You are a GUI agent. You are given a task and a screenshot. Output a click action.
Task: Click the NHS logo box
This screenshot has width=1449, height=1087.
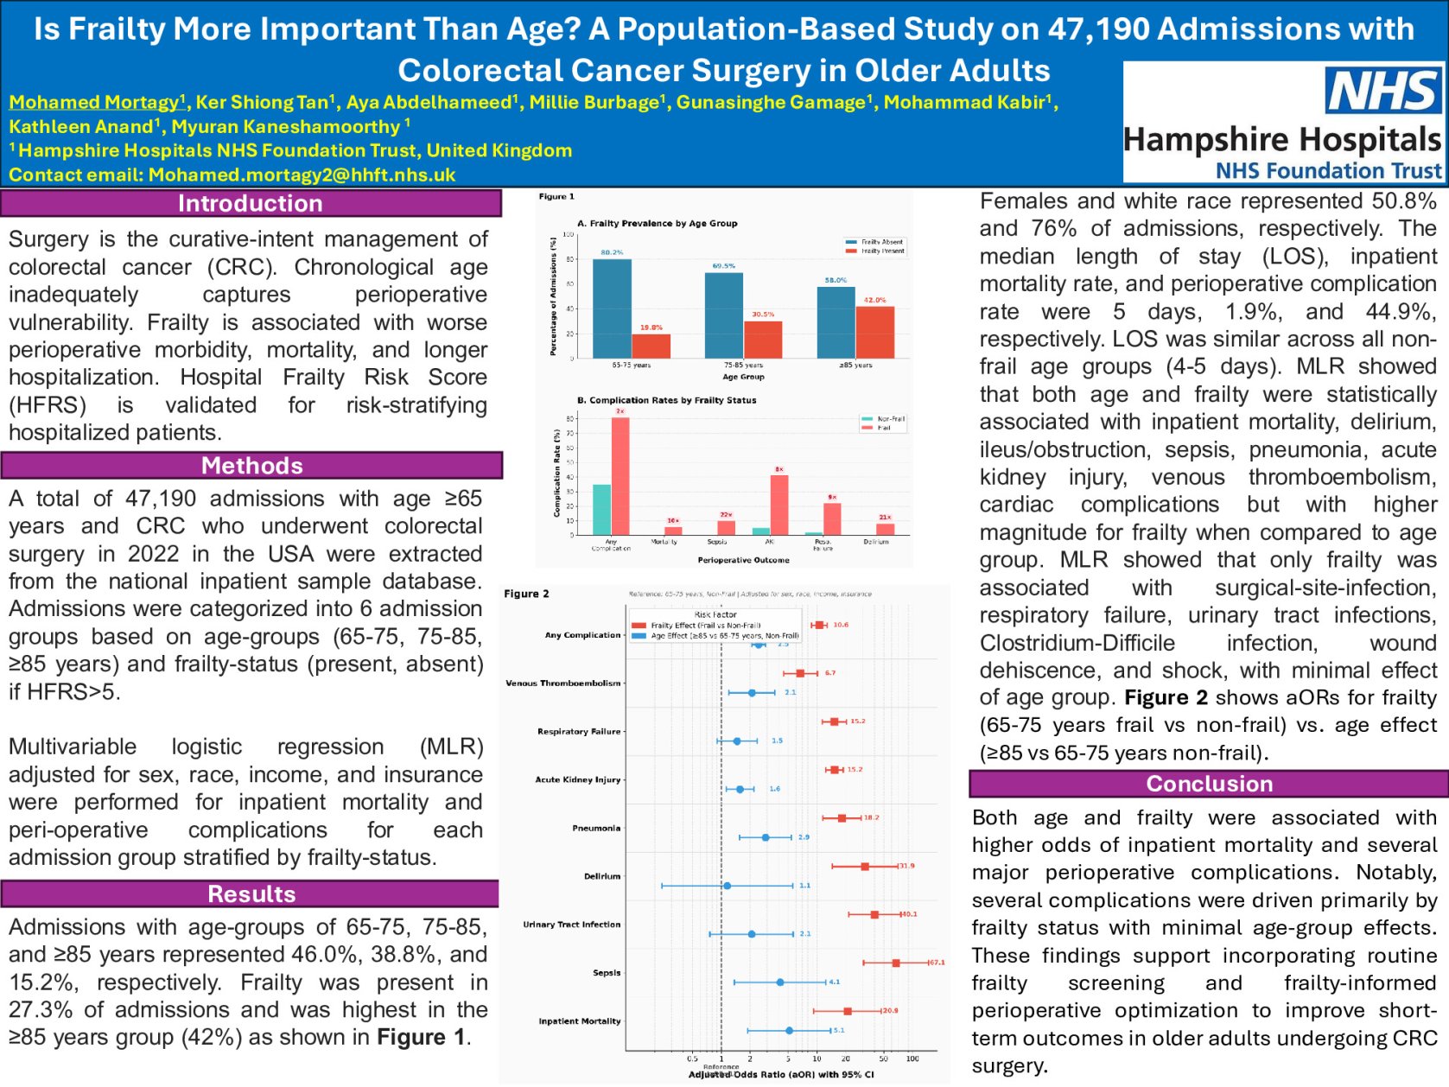point(1383,91)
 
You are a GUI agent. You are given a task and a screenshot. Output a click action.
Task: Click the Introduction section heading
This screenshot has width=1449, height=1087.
point(251,203)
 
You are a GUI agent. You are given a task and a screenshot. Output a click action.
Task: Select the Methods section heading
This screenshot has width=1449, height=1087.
point(251,466)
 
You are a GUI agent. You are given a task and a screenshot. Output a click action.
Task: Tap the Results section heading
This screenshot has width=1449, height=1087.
point(251,893)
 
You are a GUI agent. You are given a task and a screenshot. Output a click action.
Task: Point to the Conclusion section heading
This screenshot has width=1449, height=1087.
point(1209,784)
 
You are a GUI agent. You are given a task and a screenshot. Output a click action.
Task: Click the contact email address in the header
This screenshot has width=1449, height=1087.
point(302,175)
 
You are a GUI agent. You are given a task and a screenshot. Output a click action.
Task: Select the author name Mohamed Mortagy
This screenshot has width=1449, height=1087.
point(94,102)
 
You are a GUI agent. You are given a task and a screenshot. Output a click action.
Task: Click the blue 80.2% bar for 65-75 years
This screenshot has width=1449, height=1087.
point(612,308)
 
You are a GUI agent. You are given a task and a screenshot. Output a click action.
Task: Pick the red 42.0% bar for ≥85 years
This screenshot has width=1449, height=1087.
point(874,332)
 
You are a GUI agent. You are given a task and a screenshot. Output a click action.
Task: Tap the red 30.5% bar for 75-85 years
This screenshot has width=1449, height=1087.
point(763,340)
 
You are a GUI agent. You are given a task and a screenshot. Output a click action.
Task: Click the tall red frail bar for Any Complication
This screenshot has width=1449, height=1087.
point(620,475)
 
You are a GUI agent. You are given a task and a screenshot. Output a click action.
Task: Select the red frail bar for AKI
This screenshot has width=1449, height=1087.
point(779,505)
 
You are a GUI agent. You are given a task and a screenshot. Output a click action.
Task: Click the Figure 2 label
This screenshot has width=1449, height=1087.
point(526,594)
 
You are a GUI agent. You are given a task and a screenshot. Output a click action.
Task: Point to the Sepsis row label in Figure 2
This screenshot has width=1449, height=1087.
point(607,972)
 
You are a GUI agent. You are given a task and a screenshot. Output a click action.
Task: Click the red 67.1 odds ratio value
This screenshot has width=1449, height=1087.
point(937,962)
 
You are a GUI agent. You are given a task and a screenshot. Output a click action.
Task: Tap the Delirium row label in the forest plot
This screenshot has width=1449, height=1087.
point(602,876)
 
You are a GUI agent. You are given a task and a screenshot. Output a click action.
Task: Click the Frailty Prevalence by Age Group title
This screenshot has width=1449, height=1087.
point(657,223)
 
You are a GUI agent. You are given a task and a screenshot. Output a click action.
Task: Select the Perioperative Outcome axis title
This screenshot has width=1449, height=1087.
point(743,560)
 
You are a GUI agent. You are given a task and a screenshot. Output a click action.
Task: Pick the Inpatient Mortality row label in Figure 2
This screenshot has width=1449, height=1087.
point(580,1020)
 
